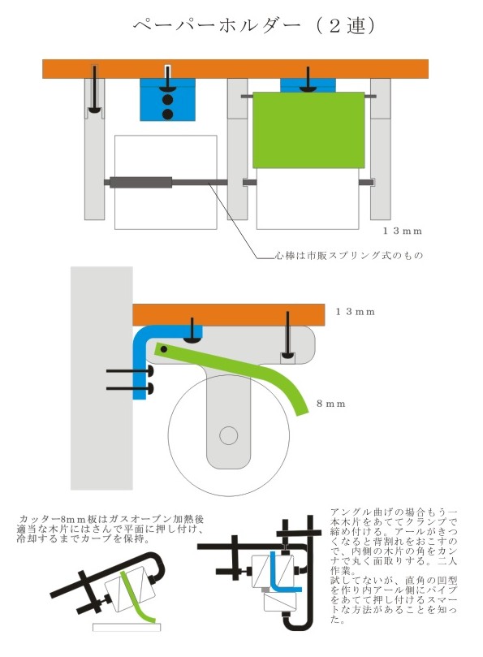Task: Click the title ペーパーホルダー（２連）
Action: tap(254, 25)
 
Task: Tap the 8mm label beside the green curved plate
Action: tap(331, 404)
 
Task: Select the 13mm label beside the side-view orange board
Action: tap(355, 312)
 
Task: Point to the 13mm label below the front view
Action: tap(402, 231)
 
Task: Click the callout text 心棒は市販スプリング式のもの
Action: tap(348, 255)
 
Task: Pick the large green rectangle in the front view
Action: tap(308, 130)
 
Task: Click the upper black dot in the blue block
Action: tap(167, 100)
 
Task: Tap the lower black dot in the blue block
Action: tap(167, 114)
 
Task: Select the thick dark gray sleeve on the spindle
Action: tap(140, 182)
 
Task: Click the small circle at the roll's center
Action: tap(228, 436)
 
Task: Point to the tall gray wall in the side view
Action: tap(101, 378)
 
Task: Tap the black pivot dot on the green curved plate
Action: tap(164, 349)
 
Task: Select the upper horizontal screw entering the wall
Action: tap(130, 371)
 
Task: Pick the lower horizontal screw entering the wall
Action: tap(130, 389)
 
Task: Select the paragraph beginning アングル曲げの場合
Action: tap(394, 566)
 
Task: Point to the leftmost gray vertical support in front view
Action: tap(95, 149)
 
